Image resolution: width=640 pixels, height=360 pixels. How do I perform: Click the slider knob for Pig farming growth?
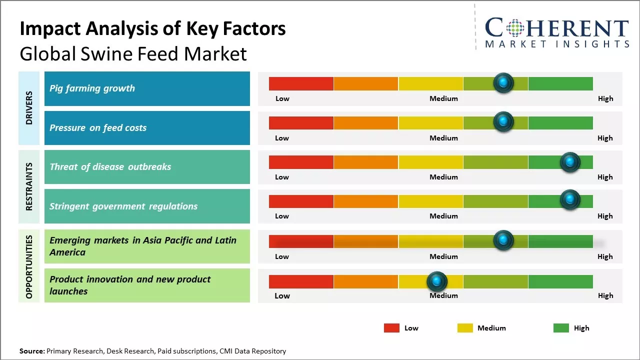[x=503, y=82]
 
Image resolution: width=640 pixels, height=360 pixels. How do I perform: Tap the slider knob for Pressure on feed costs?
[x=503, y=121]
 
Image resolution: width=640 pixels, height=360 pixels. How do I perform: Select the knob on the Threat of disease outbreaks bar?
[x=570, y=161]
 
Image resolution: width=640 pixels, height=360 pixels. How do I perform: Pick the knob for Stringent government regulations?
[x=569, y=200]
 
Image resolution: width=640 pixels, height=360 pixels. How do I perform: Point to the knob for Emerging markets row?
[x=503, y=240]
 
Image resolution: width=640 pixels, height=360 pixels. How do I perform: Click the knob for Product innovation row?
[x=437, y=281]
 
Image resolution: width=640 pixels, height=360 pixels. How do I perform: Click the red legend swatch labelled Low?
[x=391, y=328]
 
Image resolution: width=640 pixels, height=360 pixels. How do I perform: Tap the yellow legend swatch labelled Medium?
[x=465, y=328]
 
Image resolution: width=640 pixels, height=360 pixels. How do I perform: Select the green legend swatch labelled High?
[x=561, y=328]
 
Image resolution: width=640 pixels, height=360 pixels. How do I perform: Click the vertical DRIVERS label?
[x=29, y=108]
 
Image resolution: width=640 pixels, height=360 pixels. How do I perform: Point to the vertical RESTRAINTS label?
[x=29, y=186]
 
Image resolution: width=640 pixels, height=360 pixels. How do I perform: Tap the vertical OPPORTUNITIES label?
[x=29, y=266]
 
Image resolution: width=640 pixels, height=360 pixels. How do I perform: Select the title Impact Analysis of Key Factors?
[x=152, y=29]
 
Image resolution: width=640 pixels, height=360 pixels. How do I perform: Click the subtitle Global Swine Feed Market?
[x=133, y=54]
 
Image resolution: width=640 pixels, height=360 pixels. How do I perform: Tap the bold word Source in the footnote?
[x=31, y=351]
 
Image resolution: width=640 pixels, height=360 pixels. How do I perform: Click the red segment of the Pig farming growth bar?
[x=301, y=83]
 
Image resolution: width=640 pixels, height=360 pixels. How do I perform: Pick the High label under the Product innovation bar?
[x=605, y=295]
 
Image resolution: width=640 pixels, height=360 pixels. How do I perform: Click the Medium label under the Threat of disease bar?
[x=443, y=177]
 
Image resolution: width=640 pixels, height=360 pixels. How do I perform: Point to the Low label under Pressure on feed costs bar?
[x=282, y=138]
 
